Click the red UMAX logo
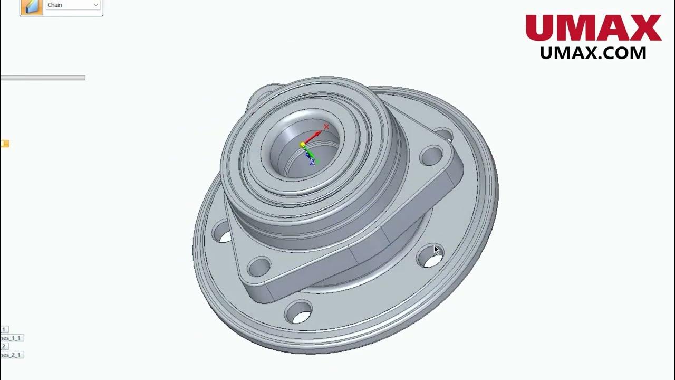[593, 28]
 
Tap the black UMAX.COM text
[593, 53]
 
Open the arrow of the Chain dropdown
[95, 5]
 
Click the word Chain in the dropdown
[55, 5]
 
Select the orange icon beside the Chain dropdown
[32, 7]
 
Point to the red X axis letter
[326, 127]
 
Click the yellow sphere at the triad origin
[303, 145]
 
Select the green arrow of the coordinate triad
[310, 154]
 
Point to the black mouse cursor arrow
[436, 250]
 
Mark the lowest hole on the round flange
[298, 312]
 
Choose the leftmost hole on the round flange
[221, 232]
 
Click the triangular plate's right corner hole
[432, 156]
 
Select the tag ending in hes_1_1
[12, 338]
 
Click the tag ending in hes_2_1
[12, 355]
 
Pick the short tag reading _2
[4, 346]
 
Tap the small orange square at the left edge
[5, 144]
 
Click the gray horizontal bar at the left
[42, 78]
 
